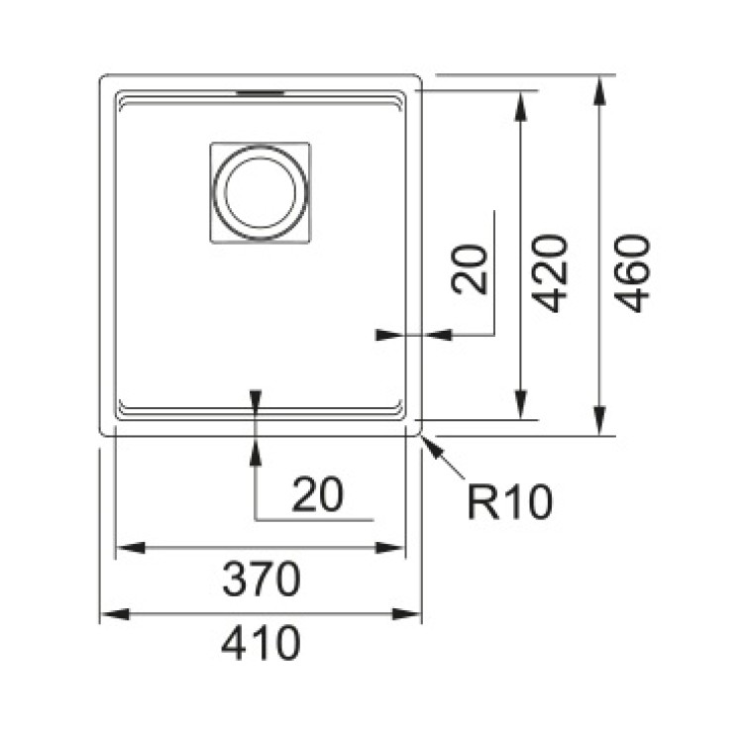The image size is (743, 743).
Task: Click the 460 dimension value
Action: (632, 273)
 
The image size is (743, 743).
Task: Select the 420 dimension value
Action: (549, 273)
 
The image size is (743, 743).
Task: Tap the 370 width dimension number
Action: (262, 580)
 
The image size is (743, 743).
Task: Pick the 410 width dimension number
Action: (261, 643)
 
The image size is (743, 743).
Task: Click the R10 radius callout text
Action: (510, 502)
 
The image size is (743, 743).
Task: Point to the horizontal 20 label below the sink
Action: (317, 494)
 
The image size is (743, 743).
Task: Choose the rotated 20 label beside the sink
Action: (470, 269)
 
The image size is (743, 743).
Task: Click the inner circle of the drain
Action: (261, 192)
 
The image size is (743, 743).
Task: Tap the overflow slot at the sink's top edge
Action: (261, 93)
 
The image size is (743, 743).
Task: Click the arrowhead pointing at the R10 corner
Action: (434, 448)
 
